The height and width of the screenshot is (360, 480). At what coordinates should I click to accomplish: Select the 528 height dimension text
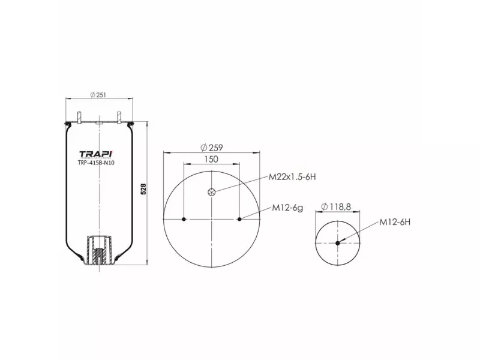click(x=143, y=189)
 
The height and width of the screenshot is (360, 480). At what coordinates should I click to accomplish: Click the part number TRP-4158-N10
click(x=97, y=163)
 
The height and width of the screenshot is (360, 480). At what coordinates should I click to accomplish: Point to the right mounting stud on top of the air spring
click(x=119, y=116)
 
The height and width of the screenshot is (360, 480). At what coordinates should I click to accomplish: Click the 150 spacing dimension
click(x=212, y=159)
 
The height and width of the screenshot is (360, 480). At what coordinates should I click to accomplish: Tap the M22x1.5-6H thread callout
click(x=292, y=177)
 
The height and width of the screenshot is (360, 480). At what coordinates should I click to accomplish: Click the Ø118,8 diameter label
click(x=336, y=207)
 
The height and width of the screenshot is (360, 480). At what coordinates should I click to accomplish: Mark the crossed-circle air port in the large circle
click(x=211, y=192)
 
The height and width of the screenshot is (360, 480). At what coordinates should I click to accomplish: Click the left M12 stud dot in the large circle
click(x=184, y=219)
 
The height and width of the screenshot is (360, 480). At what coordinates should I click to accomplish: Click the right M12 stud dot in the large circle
click(x=239, y=219)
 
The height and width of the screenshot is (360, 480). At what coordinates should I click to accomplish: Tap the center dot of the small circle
click(x=338, y=243)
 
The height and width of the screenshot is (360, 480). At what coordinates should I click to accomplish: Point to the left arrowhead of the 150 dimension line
click(x=186, y=164)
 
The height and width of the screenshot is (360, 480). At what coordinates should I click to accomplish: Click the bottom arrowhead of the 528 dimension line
click(x=147, y=262)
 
